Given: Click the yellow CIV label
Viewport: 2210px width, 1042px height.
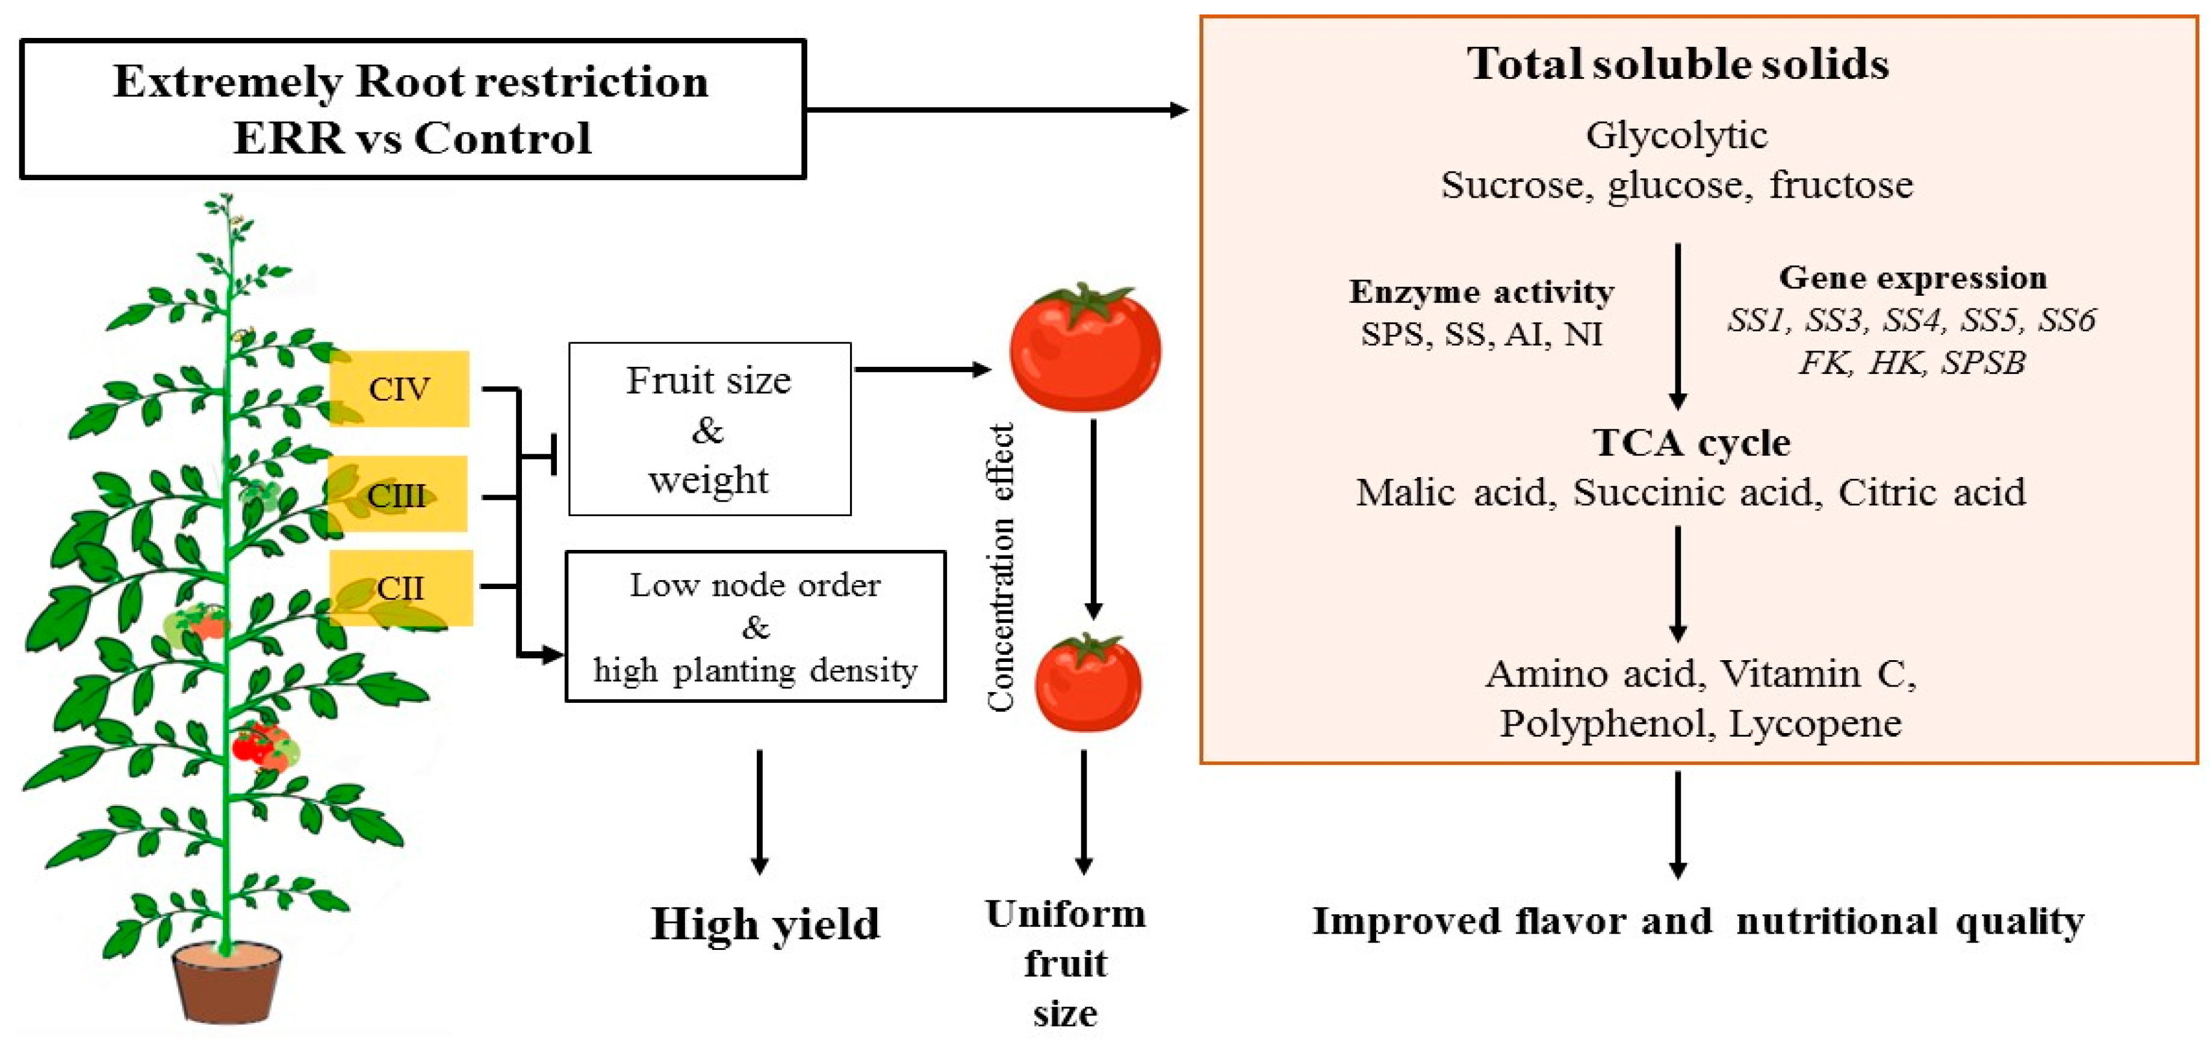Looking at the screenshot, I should pos(399,389).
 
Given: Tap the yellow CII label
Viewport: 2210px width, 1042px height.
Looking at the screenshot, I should pos(401,588).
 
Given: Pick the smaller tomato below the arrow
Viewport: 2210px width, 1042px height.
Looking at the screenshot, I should pos(1088,683).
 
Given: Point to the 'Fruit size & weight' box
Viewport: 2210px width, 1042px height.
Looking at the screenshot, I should pos(710,429).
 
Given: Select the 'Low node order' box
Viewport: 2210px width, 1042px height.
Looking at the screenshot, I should pos(755,626).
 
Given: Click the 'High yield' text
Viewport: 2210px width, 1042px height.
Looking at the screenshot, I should pos(765,923).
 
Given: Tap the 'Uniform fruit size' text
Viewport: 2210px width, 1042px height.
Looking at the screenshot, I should pos(1066,963).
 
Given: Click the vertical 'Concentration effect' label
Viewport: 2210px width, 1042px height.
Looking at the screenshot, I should pos(1001,567).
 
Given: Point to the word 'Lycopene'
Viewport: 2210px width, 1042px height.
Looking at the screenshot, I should pos(1814,723).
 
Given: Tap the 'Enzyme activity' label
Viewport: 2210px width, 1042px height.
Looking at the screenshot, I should pos(1482,292).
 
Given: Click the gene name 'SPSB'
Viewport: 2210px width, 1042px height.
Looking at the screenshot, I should pos(1982,363).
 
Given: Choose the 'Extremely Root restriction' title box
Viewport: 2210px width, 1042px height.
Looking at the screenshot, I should pos(412,109).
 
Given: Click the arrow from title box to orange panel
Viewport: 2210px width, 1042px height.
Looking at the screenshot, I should pos(995,110).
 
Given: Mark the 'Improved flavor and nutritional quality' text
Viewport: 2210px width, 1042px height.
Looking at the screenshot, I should pos(1698,921).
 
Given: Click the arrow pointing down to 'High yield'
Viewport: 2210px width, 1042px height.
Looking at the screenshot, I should pos(759,811).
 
